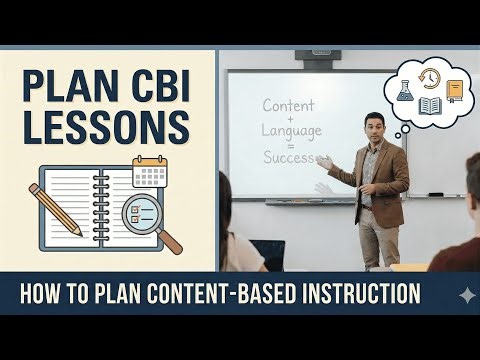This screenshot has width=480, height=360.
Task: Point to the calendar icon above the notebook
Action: coord(149,171)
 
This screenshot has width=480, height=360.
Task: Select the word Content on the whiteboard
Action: coord(289,105)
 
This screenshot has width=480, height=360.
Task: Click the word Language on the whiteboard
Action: coord(291,132)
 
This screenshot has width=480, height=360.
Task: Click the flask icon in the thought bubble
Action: coord(405,89)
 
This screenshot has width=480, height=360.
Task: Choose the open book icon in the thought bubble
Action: coord(431,106)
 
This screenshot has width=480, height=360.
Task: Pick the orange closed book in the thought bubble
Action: coord(455,91)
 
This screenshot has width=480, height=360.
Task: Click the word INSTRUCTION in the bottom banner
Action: coord(356,294)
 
